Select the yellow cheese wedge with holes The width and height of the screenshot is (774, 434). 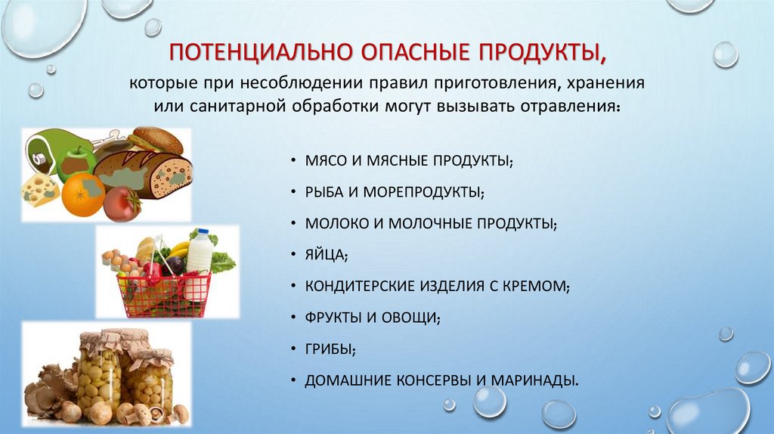point(39,189)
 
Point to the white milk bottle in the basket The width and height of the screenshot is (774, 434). point(200,250)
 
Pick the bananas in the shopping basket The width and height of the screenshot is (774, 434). point(179,247)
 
